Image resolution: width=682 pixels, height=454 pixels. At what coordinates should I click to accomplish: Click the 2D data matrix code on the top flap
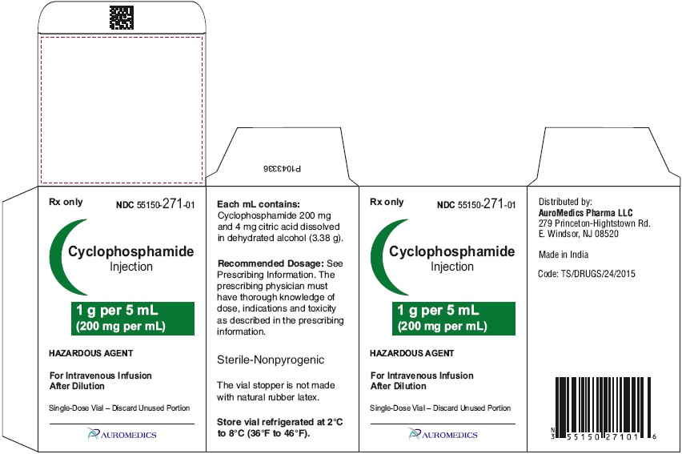pyautogui.click(x=122, y=18)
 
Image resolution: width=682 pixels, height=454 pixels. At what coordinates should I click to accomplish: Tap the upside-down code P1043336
pyautogui.click(x=282, y=168)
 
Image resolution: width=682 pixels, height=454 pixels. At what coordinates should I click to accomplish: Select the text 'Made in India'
pyautogui.click(x=564, y=255)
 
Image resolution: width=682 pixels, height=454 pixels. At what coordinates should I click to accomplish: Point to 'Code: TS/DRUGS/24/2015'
pyautogui.click(x=587, y=274)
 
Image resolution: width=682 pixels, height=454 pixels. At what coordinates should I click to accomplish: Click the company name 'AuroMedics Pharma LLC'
pyautogui.click(x=585, y=213)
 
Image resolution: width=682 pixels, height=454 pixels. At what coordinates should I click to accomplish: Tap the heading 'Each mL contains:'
pyautogui.click(x=259, y=204)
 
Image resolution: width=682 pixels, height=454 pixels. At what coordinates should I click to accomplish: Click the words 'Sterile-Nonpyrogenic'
pyautogui.click(x=271, y=360)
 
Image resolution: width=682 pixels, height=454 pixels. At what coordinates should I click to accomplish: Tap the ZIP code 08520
pyautogui.click(x=607, y=234)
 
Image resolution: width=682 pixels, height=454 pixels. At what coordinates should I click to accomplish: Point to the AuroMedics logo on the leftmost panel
pyautogui.click(x=122, y=434)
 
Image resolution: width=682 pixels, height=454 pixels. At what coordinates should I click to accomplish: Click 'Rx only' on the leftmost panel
pyautogui.click(x=66, y=202)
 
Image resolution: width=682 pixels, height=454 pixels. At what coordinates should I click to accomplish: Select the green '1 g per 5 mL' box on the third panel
pyautogui.click(x=454, y=318)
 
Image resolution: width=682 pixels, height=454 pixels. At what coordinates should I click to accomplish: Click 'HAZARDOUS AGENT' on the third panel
pyautogui.click(x=412, y=353)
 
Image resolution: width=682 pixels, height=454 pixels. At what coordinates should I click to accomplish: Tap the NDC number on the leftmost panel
pyautogui.click(x=155, y=204)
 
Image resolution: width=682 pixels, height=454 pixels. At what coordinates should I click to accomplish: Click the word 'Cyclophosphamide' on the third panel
pyautogui.click(x=452, y=251)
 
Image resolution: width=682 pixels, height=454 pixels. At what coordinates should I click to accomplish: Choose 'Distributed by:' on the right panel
pyautogui.click(x=565, y=202)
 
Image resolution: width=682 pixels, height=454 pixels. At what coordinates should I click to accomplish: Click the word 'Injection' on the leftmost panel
pyautogui.click(x=131, y=267)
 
